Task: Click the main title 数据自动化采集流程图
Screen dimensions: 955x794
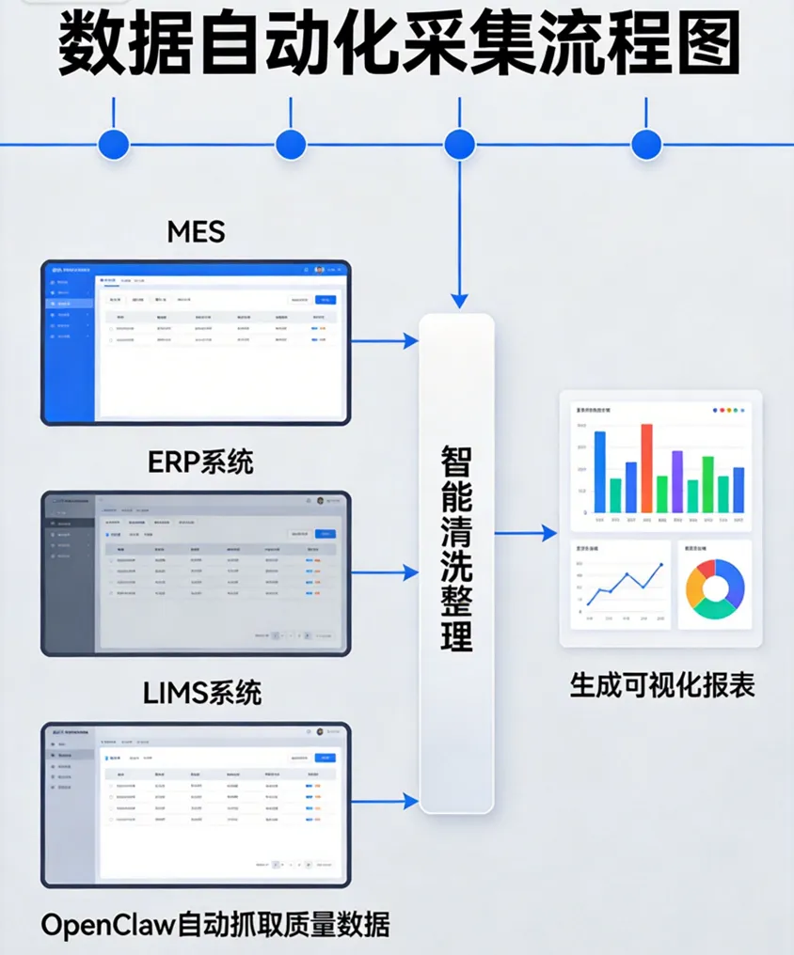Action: click(398, 43)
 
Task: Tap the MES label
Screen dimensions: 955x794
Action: click(196, 230)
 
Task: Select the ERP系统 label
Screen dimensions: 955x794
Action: click(200, 462)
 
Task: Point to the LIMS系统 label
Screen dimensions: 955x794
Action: click(201, 694)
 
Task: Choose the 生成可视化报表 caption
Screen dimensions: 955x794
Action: click(661, 684)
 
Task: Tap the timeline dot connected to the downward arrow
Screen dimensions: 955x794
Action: click(459, 145)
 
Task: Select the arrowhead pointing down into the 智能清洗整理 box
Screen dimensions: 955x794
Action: click(459, 301)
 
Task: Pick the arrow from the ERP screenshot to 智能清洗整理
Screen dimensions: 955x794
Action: click(386, 571)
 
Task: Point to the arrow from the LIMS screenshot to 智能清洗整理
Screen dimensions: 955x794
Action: click(386, 802)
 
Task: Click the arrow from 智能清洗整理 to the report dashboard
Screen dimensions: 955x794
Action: click(527, 534)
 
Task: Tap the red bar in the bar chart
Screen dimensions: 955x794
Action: click(646, 467)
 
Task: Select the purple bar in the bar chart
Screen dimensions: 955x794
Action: click(676, 481)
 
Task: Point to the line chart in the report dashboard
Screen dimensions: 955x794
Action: click(621, 587)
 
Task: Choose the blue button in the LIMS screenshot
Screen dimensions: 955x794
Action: click(325, 758)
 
